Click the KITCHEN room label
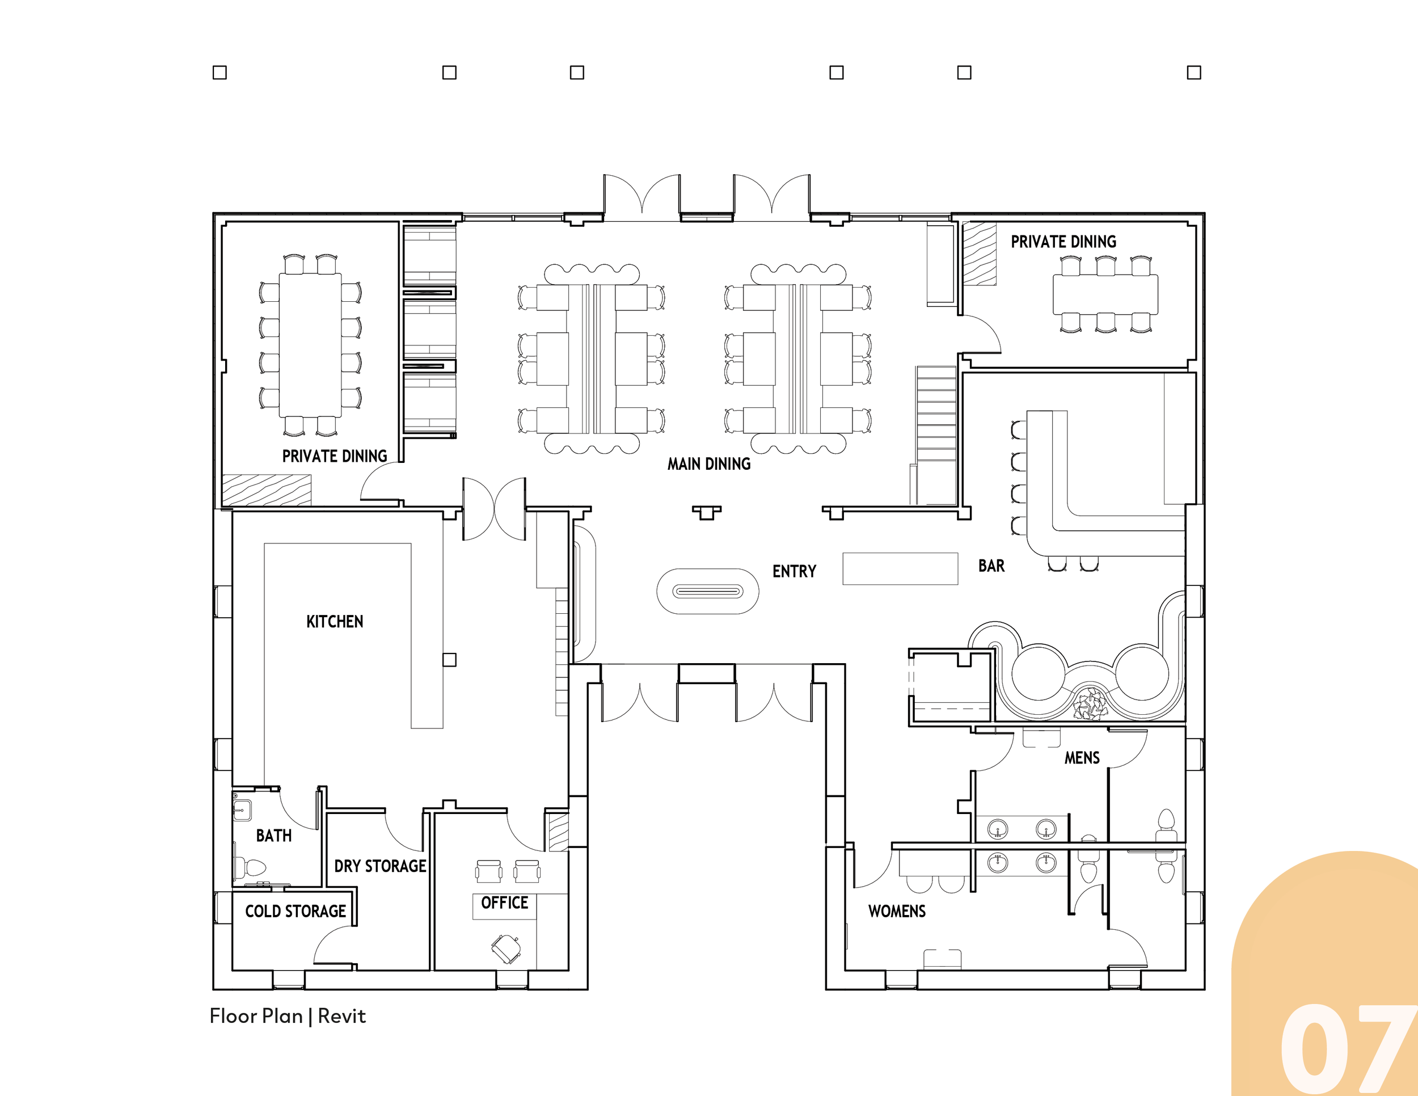(x=335, y=621)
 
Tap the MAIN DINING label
(x=709, y=463)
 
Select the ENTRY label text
(x=794, y=571)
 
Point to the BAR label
(x=991, y=566)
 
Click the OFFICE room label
(x=504, y=903)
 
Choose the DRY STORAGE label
(x=381, y=866)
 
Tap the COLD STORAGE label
(x=296, y=911)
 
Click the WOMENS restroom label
(x=897, y=911)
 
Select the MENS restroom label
(x=1082, y=758)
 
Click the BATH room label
(x=273, y=836)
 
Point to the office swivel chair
(x=506, y=949)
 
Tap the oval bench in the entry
(x=708, y=591)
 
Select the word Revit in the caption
(x=341, y=1016)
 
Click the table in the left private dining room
(x=310, y=345)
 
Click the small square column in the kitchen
(x=449, y=660)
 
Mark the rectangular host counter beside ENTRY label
(x=900, y=569)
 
